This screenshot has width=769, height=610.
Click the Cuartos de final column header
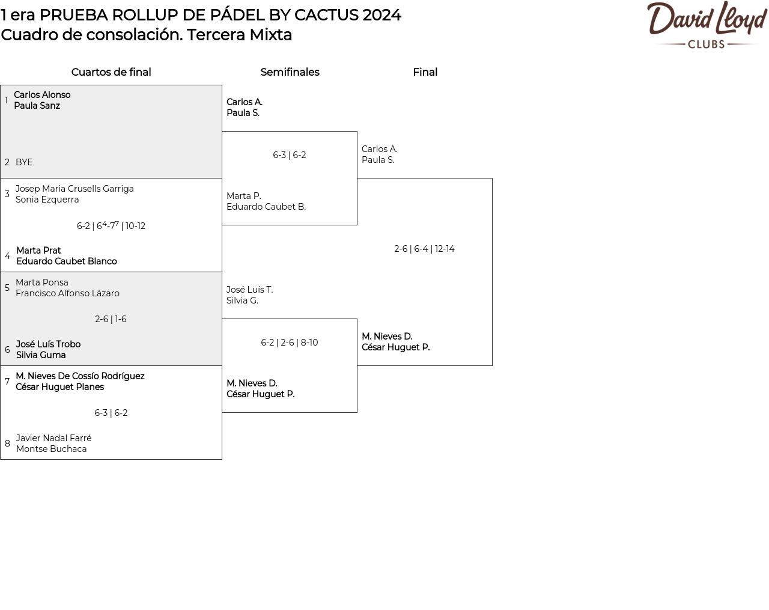point(111,72)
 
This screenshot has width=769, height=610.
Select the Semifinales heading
point(290,72)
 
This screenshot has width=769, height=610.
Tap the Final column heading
point(425,72)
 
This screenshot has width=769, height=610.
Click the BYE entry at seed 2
point(24,162)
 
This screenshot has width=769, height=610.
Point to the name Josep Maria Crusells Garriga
point(74,189)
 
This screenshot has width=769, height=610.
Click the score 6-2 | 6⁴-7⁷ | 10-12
point(111,226)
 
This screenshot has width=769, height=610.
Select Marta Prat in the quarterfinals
point(38,251)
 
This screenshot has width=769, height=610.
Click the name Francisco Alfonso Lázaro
point(67,293)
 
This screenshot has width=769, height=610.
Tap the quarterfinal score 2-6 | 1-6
point(111,319)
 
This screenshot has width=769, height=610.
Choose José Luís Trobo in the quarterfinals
point(48,344)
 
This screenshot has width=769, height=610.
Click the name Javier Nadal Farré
point(53,438)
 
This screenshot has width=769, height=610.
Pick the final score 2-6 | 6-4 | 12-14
point(424,249)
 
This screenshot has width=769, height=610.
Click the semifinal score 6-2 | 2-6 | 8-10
point(289,343)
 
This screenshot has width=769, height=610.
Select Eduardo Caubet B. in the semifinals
point(266,207)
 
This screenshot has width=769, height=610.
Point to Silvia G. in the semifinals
point(242,300)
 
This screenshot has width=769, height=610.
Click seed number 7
point(7,382)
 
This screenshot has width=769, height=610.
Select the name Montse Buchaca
point(52,449)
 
